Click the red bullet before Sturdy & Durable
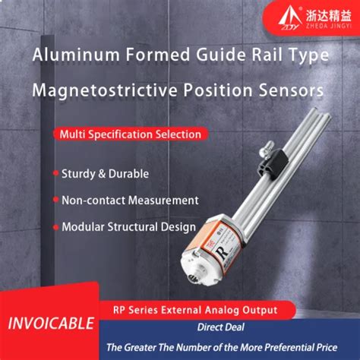(55, 173)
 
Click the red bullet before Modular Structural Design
(55, 226)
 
